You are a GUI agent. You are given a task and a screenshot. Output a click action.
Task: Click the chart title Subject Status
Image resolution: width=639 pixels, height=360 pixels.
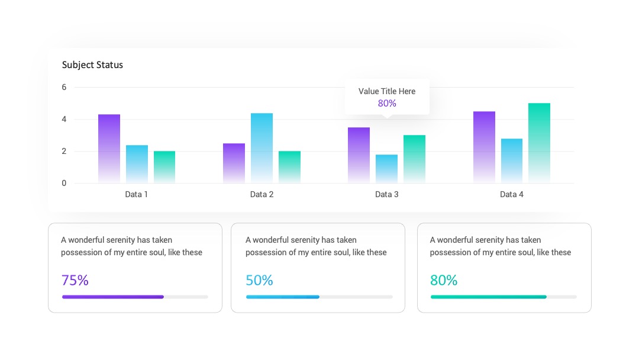(92, 65)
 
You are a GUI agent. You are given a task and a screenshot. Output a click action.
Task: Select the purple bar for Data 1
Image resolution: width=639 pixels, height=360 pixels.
(109, 149)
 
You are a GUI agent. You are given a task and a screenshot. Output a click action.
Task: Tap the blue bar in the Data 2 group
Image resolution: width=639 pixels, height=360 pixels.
(262, 147)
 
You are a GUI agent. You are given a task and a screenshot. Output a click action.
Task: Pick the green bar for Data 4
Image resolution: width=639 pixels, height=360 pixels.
(539, 143)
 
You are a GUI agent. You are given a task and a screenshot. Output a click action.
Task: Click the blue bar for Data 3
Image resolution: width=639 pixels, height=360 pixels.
(387, 169)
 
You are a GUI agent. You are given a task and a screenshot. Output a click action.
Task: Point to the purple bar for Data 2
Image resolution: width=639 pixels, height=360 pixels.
(234, 163)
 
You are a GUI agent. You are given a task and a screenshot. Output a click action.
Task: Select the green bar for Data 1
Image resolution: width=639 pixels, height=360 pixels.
(164, 167)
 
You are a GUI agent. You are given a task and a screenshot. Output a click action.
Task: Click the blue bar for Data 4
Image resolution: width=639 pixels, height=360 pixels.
(511, 160)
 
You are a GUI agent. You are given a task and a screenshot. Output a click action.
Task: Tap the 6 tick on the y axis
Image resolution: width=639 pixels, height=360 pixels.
(64, 87)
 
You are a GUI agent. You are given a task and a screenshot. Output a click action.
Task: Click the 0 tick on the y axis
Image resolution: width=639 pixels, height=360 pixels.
(64, 184)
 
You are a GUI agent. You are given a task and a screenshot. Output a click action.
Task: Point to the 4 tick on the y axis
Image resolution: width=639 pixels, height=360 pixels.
(64, 120)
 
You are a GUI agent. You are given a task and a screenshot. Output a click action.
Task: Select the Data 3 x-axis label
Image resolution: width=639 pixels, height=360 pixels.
(387, 194)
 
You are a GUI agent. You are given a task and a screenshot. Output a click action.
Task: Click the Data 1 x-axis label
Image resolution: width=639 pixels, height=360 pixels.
(137, 194)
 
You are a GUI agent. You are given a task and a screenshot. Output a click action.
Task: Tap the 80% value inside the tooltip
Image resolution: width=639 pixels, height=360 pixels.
(387, 103)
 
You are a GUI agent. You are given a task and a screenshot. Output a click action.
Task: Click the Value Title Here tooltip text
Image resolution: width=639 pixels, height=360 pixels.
(387, 91)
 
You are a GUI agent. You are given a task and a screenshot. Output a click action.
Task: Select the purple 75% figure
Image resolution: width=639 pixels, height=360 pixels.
(75, 280)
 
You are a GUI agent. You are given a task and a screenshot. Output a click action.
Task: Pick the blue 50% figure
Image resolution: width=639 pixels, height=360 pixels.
(259, 280)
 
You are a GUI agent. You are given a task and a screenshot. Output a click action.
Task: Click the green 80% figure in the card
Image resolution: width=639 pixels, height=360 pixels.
(444, 280)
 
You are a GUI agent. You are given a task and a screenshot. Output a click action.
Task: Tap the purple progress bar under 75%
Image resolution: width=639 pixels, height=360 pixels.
(113, 297)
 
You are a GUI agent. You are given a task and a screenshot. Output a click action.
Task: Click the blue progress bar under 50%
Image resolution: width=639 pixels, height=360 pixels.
(283, 297)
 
